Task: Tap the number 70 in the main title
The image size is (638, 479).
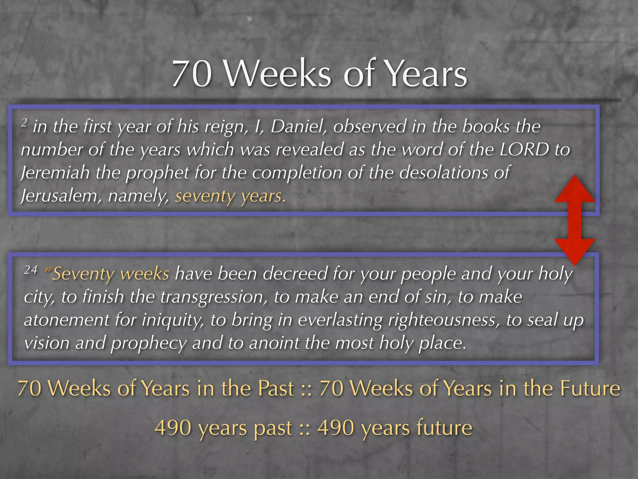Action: [x=192, y=74]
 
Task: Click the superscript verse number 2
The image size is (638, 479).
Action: [x=24, y=123]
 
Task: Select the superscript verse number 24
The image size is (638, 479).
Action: [x=31, y=269]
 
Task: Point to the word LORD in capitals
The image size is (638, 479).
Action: [x=524, y=149]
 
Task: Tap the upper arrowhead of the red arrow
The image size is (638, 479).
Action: [x=575, y=189]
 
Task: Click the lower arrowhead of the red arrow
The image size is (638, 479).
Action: [x=575, y=251]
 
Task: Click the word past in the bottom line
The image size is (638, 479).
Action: [x=273, y=428]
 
